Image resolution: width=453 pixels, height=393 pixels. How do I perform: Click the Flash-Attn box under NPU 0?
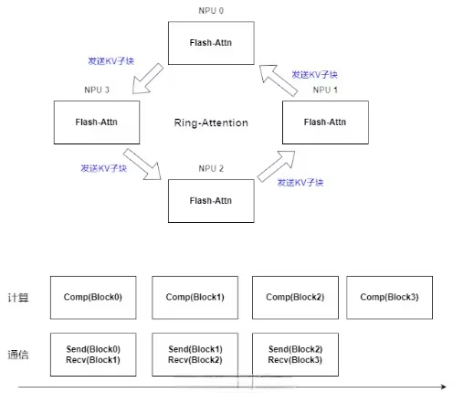[211, 43]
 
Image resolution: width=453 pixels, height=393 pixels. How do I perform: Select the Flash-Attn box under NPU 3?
[97, 122]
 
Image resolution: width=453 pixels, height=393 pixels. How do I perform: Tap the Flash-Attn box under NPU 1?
[325, 122]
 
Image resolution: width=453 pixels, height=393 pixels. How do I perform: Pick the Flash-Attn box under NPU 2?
[211, 201]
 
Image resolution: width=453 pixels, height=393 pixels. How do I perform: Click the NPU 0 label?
[211, 11]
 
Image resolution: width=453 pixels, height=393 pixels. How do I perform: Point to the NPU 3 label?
[97, 90]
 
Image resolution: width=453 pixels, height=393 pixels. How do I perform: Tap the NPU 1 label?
[325, 90]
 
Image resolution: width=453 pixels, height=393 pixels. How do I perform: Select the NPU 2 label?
[211, 168]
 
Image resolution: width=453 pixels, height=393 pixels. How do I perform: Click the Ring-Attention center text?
[211, 122]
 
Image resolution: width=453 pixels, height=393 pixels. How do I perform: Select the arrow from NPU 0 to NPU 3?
[147, 80]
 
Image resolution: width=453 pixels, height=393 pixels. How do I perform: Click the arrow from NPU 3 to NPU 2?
[142, 165]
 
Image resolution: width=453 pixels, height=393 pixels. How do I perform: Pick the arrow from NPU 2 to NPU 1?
[277, 166]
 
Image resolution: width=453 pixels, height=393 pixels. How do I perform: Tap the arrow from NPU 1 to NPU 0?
[279, 80]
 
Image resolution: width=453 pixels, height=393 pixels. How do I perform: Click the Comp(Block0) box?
[93, 298]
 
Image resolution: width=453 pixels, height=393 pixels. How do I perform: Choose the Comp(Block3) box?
[389, 298]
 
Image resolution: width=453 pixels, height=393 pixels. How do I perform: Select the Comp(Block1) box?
[195, 298]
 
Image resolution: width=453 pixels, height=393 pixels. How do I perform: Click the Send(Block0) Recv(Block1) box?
[93, 355]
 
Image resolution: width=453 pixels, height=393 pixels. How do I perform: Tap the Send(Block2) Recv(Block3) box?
[295, 355]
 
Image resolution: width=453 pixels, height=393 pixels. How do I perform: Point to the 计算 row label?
[18, 298]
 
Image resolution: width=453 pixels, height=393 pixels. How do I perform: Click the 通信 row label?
[18, 355]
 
